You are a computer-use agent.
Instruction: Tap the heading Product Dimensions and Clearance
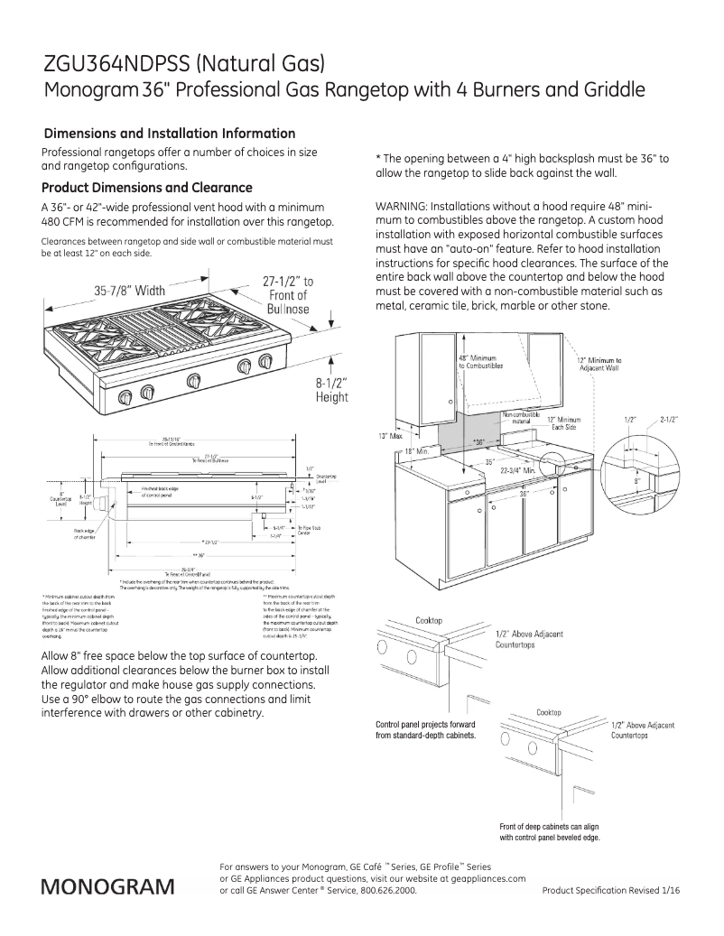[x=147, y=189]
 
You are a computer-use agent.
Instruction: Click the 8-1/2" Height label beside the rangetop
[x=331, y=389]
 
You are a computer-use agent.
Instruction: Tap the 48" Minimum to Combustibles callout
[x=477, y=361]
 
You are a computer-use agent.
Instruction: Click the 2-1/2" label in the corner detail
[x=669, y=420]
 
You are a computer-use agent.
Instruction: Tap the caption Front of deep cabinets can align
[x=549, y=827]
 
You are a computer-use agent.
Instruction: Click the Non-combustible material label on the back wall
[x=515, y=418]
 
